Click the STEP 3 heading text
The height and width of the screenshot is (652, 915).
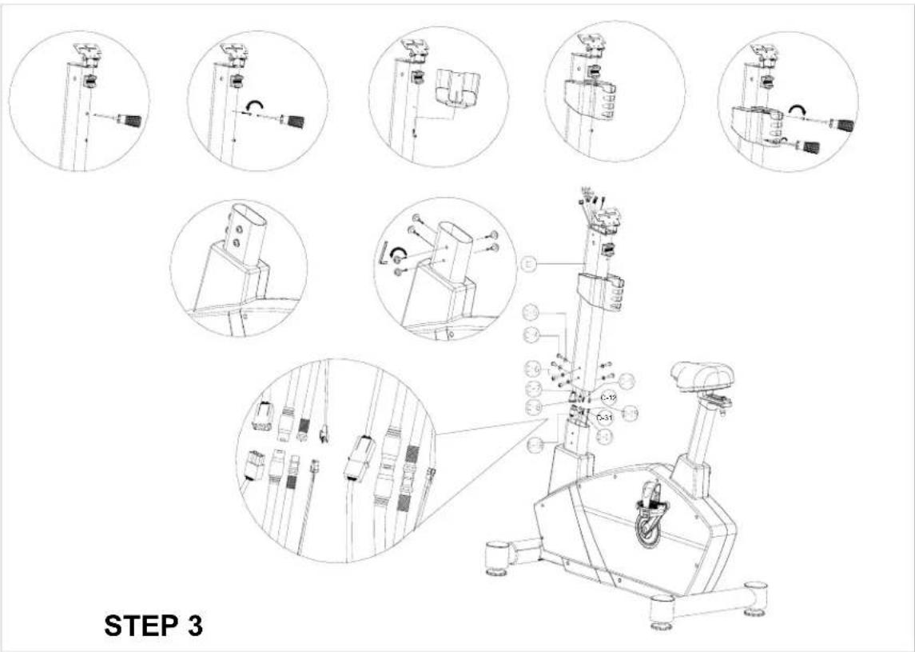tap(153, 626)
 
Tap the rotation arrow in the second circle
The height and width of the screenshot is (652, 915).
tap(255, 104)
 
